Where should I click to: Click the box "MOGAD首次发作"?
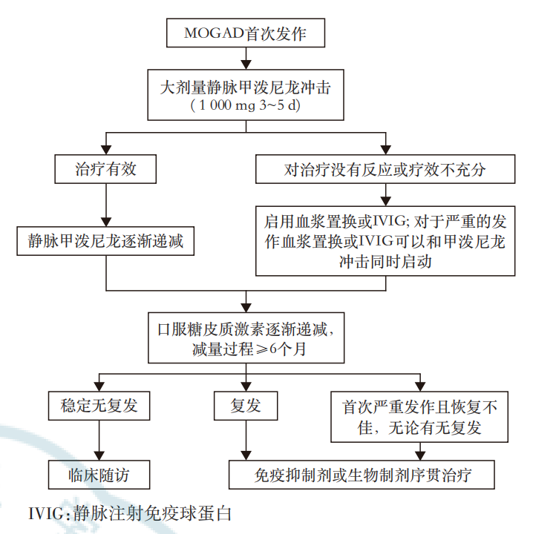click(246, 33)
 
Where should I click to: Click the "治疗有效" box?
click(107, 170)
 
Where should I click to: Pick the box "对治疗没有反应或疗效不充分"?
click(385, 170)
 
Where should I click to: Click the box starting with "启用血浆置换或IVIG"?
click(385, 242)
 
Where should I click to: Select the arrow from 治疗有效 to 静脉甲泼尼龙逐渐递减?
click(107, 204)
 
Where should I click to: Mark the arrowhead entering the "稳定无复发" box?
click(98, 388)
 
